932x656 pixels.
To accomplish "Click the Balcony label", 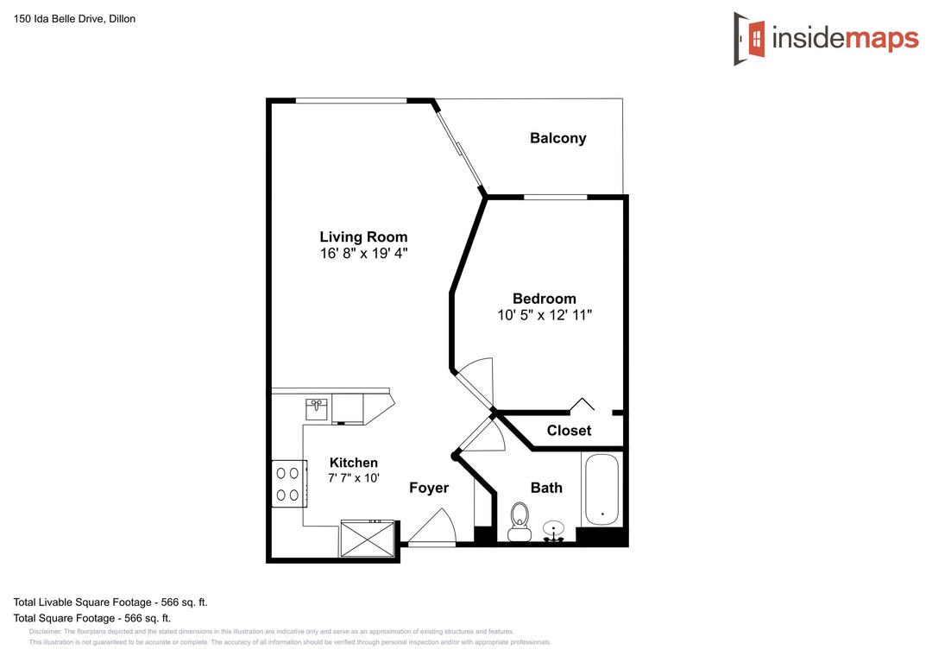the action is [558, 139].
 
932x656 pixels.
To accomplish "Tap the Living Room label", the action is [364, 237].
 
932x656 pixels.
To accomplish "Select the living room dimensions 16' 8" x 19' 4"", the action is [364, 254].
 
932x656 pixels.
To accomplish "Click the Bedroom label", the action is [545, 299].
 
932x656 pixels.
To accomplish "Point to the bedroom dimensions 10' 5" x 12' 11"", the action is [545, 315].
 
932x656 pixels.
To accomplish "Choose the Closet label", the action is [569, 431].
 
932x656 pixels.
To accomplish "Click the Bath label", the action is [546, 488].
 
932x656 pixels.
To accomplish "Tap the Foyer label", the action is [429, 489].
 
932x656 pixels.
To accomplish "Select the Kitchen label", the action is [354, 463].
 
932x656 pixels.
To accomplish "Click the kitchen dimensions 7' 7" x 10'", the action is [354, 477].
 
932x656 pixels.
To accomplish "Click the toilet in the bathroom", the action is [520, 521].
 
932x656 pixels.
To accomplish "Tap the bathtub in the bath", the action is [601, 489].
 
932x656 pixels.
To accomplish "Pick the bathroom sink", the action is [553, 531].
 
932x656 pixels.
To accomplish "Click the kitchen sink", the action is [316, 409].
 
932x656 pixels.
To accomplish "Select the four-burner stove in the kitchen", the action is [289, 483].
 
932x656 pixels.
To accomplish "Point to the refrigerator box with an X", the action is [368, 539].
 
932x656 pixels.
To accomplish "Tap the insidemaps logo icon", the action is [750, 39].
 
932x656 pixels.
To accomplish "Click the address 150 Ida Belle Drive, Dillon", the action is [74, 19].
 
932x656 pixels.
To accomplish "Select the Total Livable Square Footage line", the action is [110, 602].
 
